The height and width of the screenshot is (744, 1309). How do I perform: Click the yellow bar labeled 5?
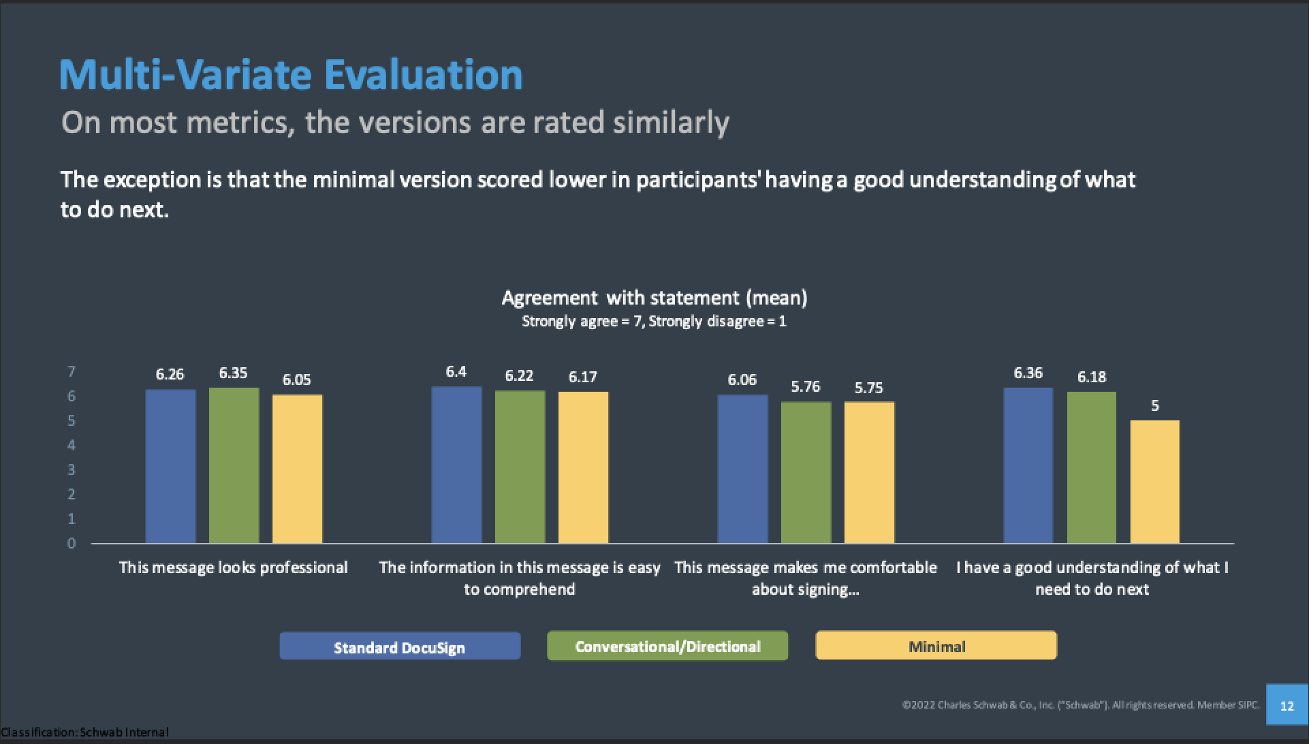click(x=1155, y=482)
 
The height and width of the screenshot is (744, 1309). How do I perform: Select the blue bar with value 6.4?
click(x=456, y=465)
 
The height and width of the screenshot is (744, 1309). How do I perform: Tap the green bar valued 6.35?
click(x=234, y=465)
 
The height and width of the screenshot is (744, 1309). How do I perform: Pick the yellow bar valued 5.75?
click(x=869, y=472)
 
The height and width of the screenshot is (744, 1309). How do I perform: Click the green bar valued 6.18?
click(x=1092, y=467)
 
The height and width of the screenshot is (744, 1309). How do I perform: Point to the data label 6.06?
click(x=742, y=379)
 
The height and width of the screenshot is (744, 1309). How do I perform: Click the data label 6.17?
click(x=583, y=377)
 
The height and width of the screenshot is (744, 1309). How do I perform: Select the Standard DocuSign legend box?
click(x=400, y=646)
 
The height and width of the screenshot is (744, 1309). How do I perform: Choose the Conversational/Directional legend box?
click(x=667, y=646)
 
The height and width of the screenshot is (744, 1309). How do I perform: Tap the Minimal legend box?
click(x=936, y=646)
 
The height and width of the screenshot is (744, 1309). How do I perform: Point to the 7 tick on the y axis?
click(x=71, y=371)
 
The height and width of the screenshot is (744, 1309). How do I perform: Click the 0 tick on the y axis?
click(x=71, y=543)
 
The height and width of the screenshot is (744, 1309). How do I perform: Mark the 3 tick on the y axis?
click(x=71, y=469)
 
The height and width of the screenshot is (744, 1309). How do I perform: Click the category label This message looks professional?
click(x=233, y=568)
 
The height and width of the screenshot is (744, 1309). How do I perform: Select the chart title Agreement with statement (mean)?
click(x=654, y=298)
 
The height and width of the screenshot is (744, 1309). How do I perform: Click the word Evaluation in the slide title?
click(x=423, y=75)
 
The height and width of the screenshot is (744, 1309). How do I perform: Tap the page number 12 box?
click(x=1287, y=705)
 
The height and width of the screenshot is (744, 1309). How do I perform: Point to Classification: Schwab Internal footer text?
click(x=84, y=732)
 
